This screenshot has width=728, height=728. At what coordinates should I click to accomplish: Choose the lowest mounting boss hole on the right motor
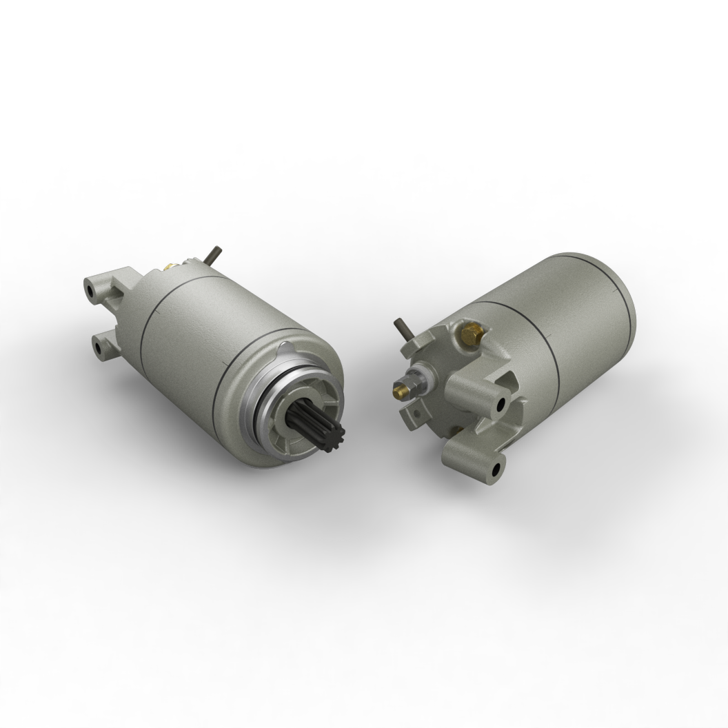pos(496,471)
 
